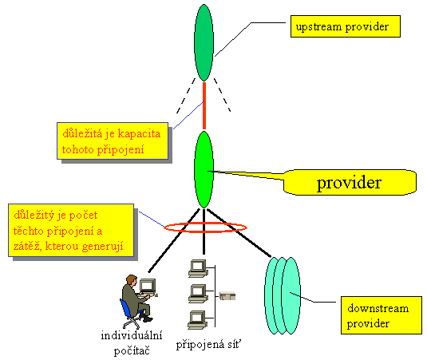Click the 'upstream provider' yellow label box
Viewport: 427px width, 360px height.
(346, 26)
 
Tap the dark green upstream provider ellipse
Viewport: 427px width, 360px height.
(204, 42)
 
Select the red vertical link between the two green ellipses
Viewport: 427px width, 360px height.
(204, 105)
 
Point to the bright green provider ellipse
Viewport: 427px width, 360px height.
(204, 169)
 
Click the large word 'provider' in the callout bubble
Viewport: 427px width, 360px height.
(349, 184)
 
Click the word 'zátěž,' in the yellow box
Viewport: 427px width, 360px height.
(27, 246)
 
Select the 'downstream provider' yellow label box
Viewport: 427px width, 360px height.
(382, 315)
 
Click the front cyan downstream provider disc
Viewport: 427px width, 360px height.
(291, 295)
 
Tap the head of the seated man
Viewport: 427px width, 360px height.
(132, 280)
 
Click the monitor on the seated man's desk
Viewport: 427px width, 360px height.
(148, 286)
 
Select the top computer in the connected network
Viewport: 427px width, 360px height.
(198, 268)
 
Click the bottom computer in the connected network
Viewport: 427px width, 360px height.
(197, 320)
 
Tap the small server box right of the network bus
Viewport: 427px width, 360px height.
(227, 295)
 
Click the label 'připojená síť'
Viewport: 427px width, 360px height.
(208, 345)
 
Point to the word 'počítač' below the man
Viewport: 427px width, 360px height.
(132, 350)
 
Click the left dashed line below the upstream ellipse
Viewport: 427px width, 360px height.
(186, 96)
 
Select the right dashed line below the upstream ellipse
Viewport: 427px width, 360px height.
(223, 95)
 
